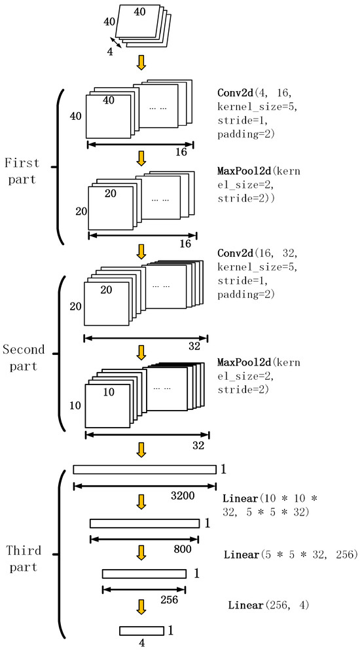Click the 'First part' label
point(22,171)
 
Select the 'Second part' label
point(24,358)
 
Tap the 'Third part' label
point(24,559)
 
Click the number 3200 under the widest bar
point(183,495)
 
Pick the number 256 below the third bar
point(170,599)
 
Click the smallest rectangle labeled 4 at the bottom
point(142,631)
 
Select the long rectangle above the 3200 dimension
point(145,470)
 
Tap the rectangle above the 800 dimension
point(145,523)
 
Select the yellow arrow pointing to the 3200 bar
point(142,450)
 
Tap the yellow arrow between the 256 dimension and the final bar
point(142,607)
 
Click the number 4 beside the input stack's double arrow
point(110,53)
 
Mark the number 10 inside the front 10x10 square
point(109,392)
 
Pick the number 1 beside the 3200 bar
point(223,470)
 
